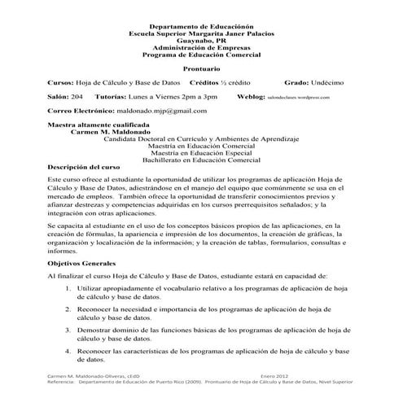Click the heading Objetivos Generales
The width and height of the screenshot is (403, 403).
[x=82, y=265]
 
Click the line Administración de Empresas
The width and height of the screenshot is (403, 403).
[x=201, y=47]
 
